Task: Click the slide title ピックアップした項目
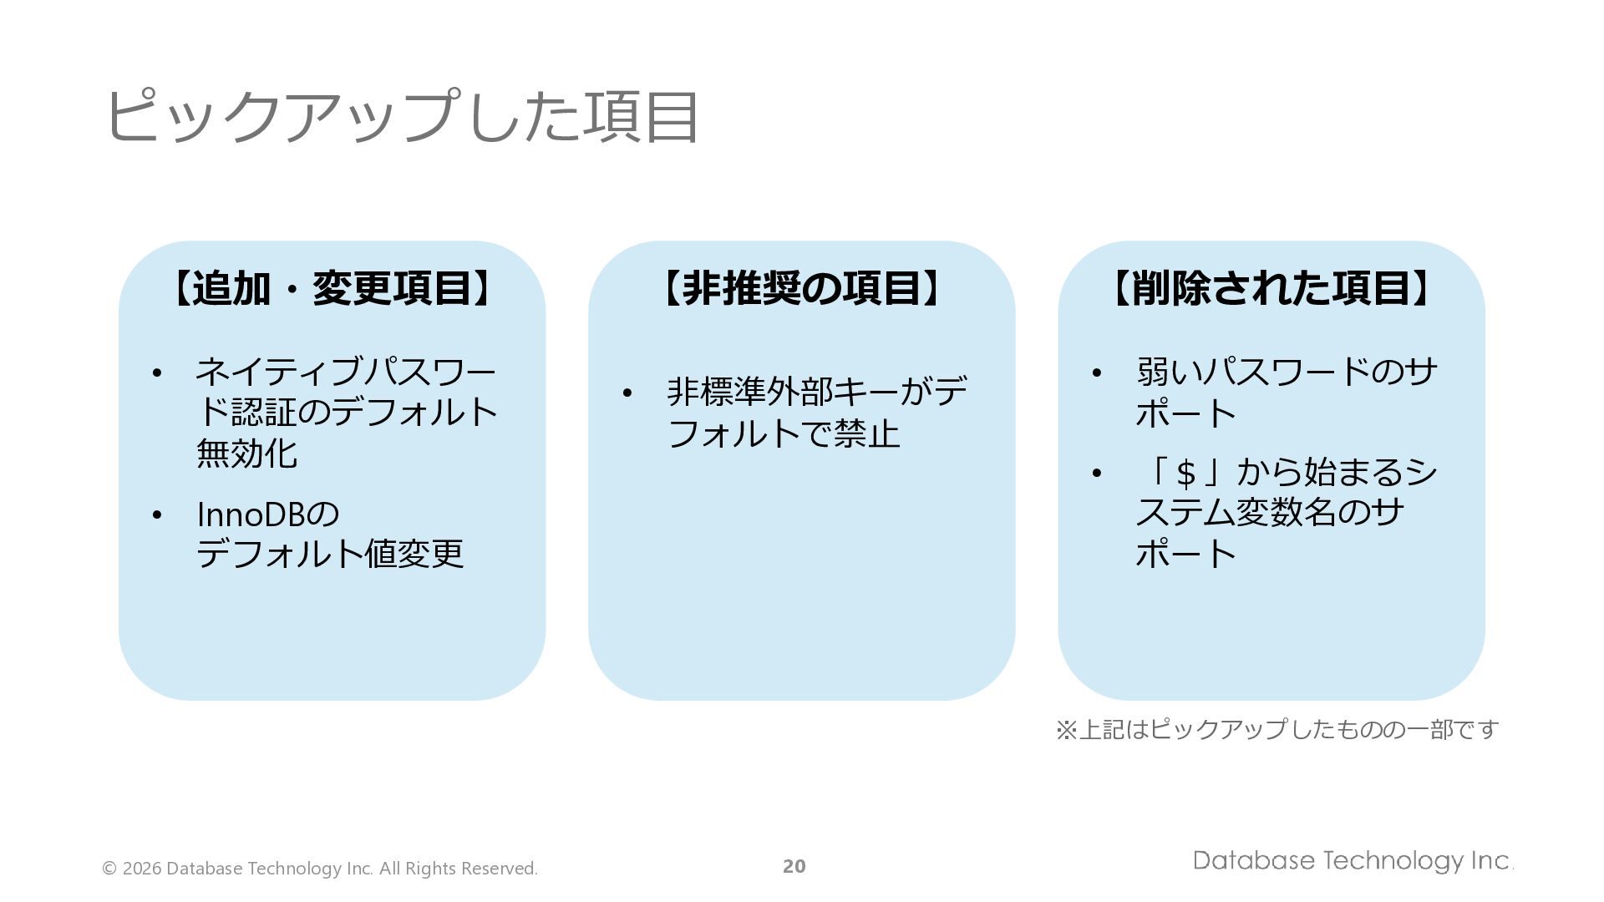(x=401, y=117)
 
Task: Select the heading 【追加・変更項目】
(x=332, y=288)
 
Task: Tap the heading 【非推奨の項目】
(x=802, y=288)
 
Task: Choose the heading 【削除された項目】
(x=1271, y=288)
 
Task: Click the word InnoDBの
(x=268, y=514)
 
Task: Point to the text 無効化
(x=246, y=454)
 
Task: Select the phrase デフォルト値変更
(x=330, y=554)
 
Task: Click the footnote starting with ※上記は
(x=1277, y=730)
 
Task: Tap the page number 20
(x=794, y=867)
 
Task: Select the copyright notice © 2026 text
(x=320, y=869)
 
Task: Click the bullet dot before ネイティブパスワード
(x=157, y=373)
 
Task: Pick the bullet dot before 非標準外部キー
(x=627, y=393)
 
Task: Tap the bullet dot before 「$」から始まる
(x=1097, y=474)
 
